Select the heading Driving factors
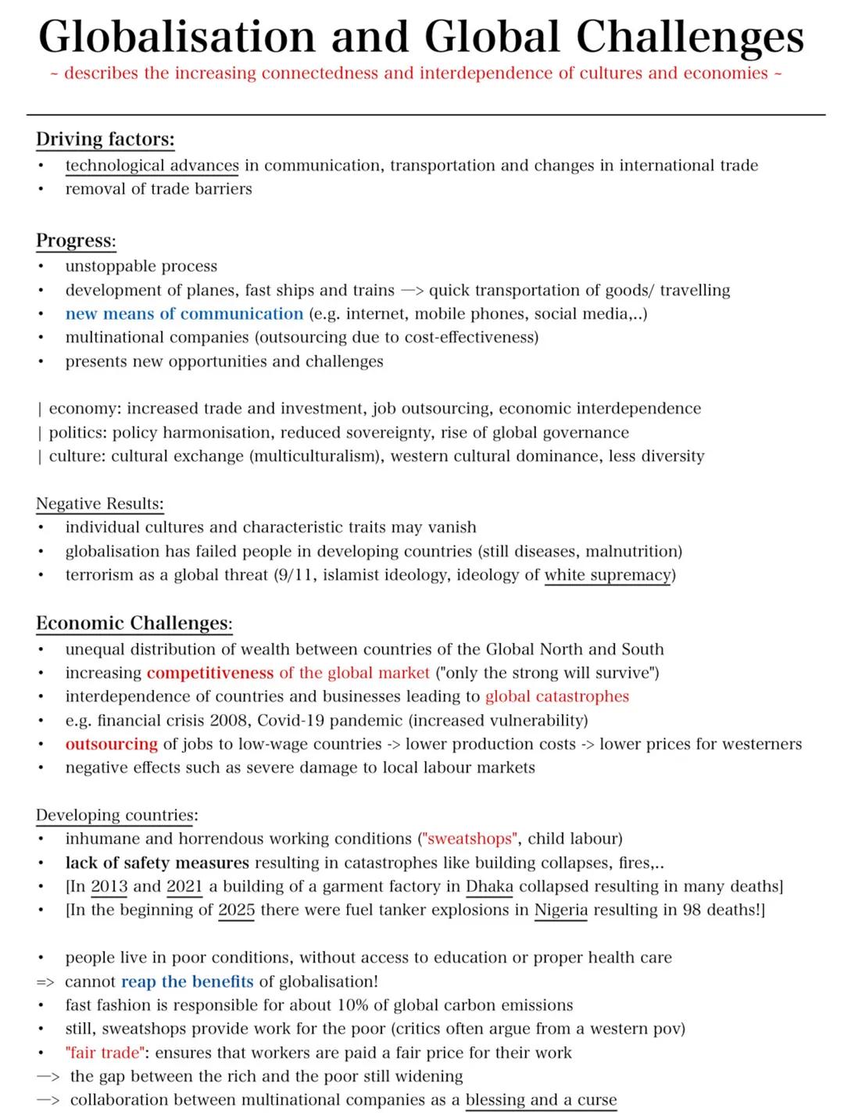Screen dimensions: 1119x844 (105, 140)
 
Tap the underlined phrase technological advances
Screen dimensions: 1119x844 (152, 166)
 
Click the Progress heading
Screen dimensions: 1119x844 (75, 241)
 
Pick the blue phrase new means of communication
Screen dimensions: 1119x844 (184, 314)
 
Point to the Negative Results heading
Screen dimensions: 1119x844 (99, 504)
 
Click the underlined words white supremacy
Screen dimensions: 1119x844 (607, 575)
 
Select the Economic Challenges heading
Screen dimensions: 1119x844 (134, 624)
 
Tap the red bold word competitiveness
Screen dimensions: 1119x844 (209, 673)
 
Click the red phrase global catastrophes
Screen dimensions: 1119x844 (556, 697)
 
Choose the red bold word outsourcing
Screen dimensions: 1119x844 (111, 744)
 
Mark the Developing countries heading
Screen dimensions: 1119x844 (113, 816)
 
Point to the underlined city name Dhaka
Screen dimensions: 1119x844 (489, 887)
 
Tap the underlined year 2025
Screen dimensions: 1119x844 (236, 910)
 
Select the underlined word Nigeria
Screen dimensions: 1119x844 (560, 910)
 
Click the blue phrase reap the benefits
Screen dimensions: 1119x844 (187, 982)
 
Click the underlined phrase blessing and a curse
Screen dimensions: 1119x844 (541, 1100)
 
